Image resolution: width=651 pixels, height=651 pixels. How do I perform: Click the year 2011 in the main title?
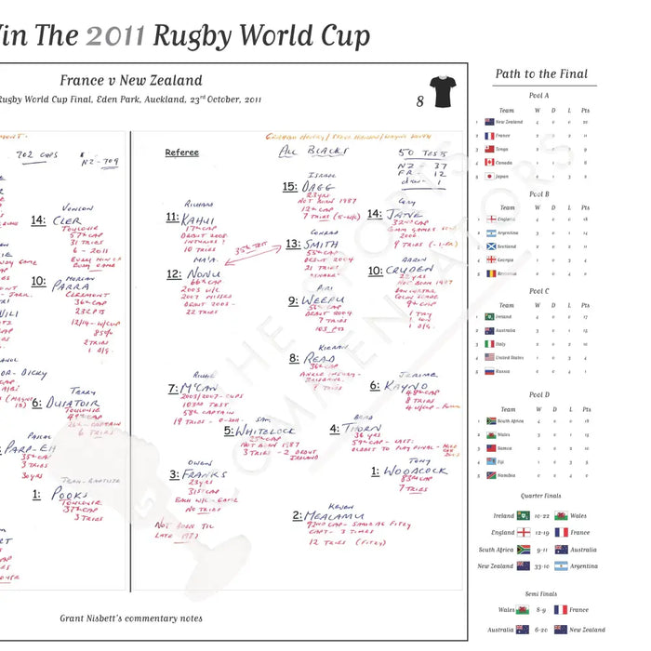116,35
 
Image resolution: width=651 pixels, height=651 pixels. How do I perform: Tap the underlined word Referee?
181,153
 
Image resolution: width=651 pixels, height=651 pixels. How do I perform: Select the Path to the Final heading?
541,73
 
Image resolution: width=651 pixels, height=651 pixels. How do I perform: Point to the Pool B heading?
538,194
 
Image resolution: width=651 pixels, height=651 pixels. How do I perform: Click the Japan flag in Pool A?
488,175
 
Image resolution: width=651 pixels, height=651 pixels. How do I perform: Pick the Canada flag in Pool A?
488,162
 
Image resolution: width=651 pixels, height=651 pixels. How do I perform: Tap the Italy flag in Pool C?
488,343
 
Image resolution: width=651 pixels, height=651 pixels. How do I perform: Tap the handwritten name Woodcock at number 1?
415,472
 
